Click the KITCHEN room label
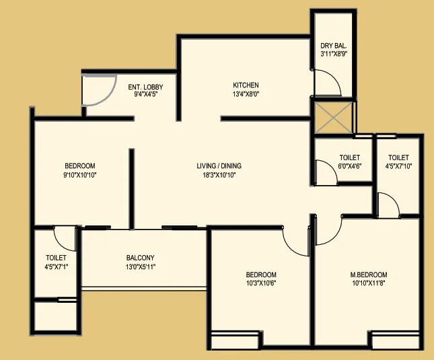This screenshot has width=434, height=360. (x=246, y=85)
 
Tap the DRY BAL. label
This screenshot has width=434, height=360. (x=334, y=46)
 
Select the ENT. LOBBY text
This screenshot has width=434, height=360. (x=145, y=87)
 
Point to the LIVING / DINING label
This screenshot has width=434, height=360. (x=219, y=166)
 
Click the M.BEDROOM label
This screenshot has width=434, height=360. (x=369, y=275)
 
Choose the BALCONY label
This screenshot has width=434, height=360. (x=141, y=258)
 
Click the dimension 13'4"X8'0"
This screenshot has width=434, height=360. (x=246, y=94)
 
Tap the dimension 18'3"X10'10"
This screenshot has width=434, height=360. (x=219, y=175)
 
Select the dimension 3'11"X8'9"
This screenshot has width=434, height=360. (x=334, y=54)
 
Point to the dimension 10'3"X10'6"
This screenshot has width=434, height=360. (x=261, y=283)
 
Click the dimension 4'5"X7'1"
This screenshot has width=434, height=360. (x=57, y=266)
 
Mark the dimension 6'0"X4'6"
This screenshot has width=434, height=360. (x=350, y=166)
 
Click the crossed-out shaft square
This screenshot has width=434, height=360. (x=334, y=118)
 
